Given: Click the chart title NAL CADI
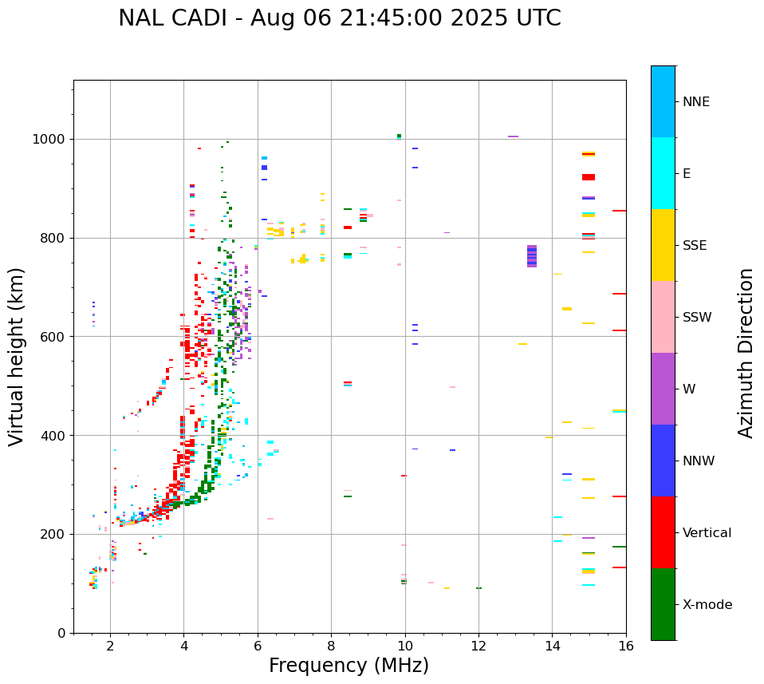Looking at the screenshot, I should (x=339, y=18).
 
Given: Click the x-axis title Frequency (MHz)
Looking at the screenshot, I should (x=349, y=666).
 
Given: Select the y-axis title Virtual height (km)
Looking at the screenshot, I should (x=17, y=357).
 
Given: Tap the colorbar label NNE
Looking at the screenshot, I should (x=695, y=101).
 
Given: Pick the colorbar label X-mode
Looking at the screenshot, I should (x=707, y=604).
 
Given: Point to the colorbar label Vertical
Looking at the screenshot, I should (x=707, y=532).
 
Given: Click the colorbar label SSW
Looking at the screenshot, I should (x=697, y=317).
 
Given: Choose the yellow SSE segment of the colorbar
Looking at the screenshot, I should (x=663, y=245).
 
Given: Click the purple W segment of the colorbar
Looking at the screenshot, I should (x=663, y=389).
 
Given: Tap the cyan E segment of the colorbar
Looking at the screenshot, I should (x=663, y=173).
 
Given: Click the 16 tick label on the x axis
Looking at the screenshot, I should (x=626, y=646).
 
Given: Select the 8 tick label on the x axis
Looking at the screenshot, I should (x=331, y=646).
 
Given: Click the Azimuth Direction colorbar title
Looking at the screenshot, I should (x=746, y=353).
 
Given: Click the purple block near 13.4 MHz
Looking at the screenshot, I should (x=532, y=256).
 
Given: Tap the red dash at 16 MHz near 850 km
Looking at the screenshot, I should (x=619, y=211).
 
